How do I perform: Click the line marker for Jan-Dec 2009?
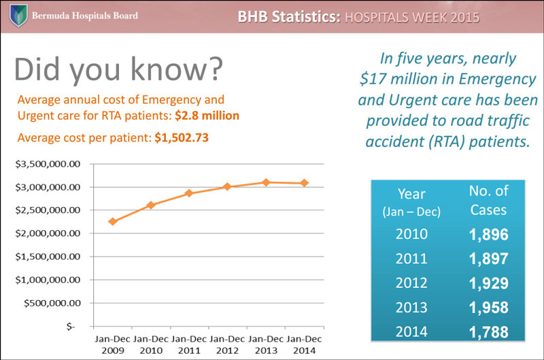coord(112,221)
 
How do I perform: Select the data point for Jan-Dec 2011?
coord(189,193)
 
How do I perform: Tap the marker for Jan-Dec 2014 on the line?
coord(304,183)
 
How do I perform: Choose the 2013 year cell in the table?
coord(411,308)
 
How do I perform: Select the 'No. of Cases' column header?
coord(488,200)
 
